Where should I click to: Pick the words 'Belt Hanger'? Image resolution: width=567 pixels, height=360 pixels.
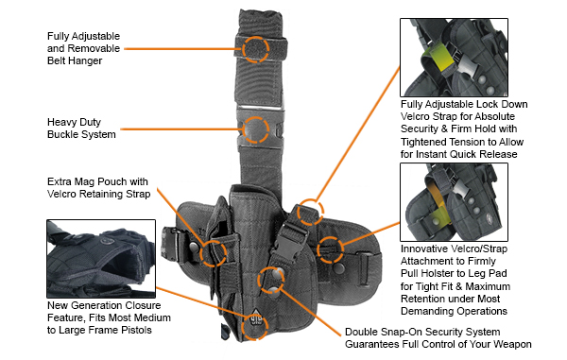point(75,60)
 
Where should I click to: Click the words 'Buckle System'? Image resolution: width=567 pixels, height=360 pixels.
point(81,134)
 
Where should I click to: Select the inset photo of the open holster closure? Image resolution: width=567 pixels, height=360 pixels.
point(101,259)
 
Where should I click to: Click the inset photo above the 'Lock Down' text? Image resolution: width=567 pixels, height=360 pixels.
point(454,58)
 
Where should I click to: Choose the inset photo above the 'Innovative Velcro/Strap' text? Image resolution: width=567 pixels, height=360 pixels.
point(454,202)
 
